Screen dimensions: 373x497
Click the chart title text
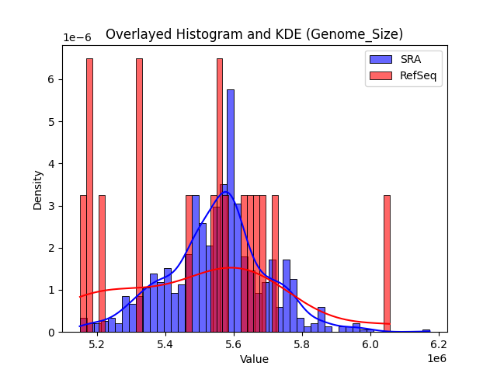pyautogui.click(x=254, y=34)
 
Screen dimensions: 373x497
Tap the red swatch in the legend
pyautogui.click(x=381, y=75)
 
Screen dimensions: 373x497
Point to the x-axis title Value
pyautogui.click(x=254, y=359)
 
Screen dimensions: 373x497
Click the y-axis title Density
pyautogui.click(x=37, y=190)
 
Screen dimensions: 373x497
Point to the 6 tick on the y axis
pyautogui.click(x=50, y=79)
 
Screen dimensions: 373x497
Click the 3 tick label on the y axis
pyautogui.click(x=50, y=206)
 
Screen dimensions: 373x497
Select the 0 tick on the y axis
pyautogui.click(x=50, y=332)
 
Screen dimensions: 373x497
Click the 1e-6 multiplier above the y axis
pyautogui.click(x=77, y=38)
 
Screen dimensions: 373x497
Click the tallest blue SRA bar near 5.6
pyautogui.click(x=230, y=210)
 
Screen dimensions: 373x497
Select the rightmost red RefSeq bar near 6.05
pyautogui.click(x=387, y=263)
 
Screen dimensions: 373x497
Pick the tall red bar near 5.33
pyautogui.click(x=139, y=194)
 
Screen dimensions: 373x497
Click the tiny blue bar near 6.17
pyautogui.click(x=426, y=330)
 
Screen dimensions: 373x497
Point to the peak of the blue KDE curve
pyautogui.click(x=225, y=192)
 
